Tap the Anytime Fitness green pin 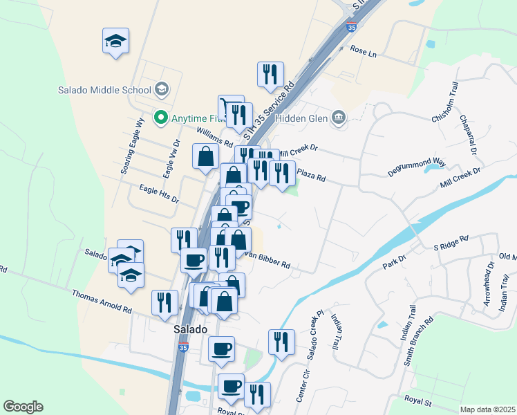coord(161,118)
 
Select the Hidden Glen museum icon coord(339,117)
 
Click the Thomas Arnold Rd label coord(102,300)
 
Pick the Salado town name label coord(190,330)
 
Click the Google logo coord(23,407)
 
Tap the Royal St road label coord(417,401)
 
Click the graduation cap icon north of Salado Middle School coord(115,41)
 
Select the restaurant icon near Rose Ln coord(270,74)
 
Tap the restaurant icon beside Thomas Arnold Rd coord(164,302)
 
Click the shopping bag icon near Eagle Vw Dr coord(205,156)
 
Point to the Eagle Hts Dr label coord(159,193)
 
